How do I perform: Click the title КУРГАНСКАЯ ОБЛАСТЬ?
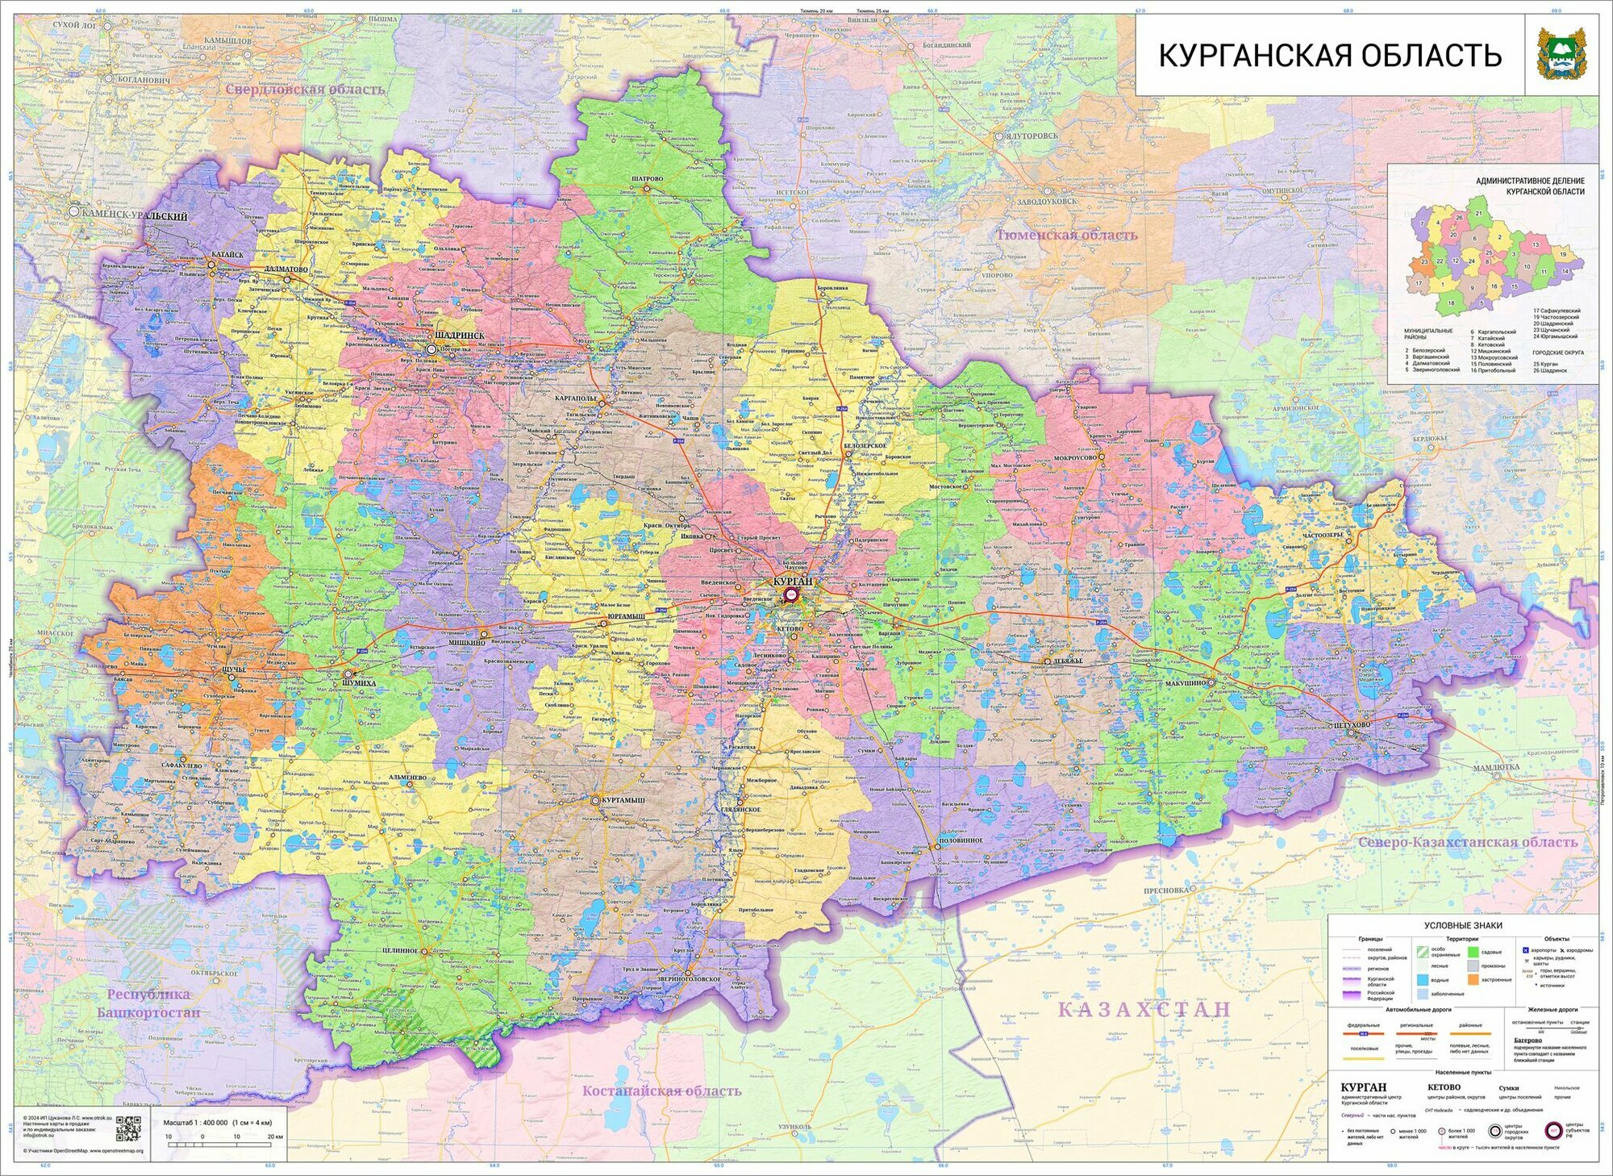[1330, 56]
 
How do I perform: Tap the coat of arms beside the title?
[1556, 54]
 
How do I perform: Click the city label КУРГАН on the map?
[792, 581]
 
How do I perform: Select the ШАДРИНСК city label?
[459, 335]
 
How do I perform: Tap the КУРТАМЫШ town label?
[622, 799]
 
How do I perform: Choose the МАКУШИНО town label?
[1185, 682]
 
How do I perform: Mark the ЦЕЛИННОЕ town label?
[400, 950]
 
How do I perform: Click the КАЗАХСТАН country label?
[1144, 1009]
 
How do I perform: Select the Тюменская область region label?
[1066, 235]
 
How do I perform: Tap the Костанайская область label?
[661, 1091]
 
